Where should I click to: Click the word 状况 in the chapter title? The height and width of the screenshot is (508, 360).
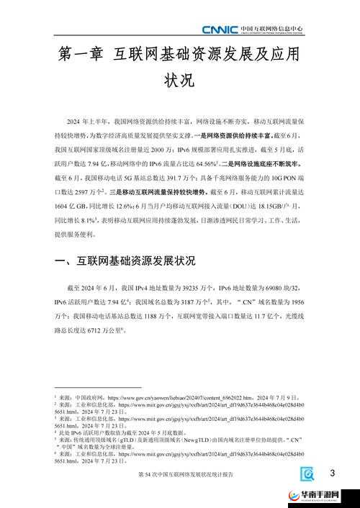point(179,80)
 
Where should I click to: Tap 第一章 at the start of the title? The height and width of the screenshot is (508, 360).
point(79,55)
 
